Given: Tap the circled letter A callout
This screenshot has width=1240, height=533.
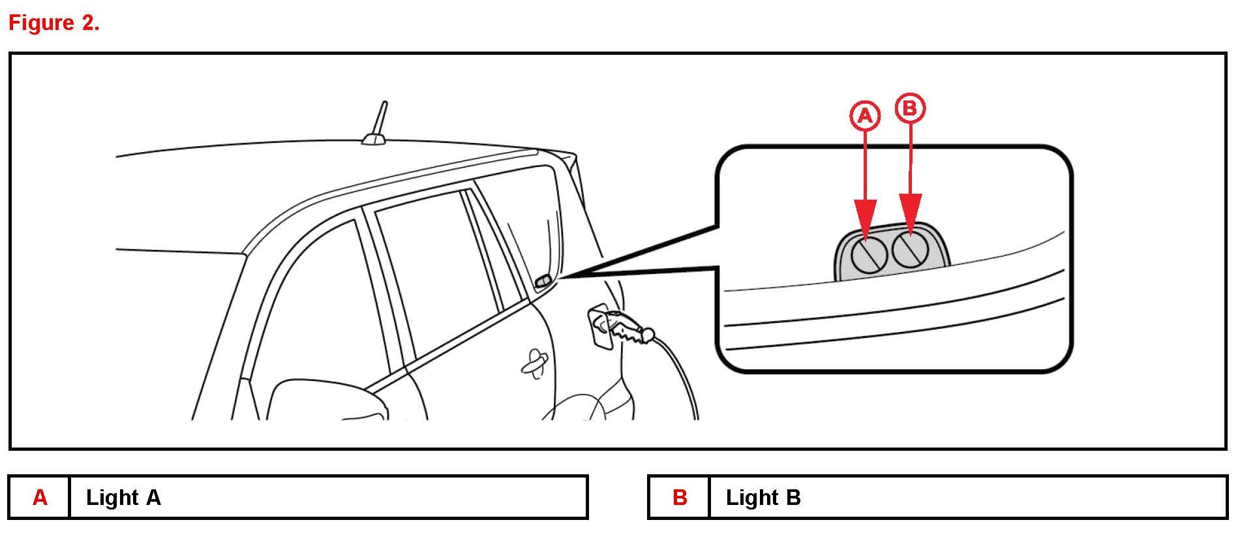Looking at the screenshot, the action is pos(865,116).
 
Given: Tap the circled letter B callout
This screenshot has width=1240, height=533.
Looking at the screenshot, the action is pos(910,108).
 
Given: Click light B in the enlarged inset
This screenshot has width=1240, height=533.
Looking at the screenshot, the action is pos(909,250).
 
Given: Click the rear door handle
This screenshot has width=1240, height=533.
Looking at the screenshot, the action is pos(535,363).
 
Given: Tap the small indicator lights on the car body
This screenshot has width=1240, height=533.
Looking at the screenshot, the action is pos(543,281).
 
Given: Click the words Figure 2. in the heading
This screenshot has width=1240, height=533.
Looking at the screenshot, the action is pos(53,23).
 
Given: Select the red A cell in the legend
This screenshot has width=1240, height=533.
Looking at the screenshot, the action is pos(40,497).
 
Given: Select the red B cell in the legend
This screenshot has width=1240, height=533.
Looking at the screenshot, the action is pos(680,497).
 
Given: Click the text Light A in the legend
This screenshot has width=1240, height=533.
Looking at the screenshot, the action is pos(123,498).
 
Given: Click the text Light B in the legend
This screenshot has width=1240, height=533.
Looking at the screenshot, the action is pos(763,498).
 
